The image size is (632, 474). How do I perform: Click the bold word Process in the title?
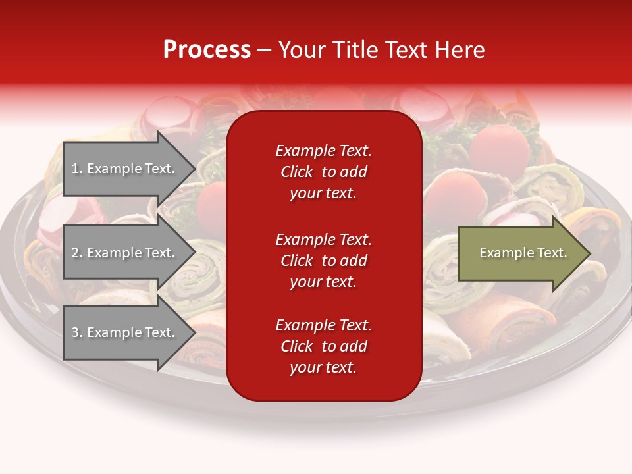207,50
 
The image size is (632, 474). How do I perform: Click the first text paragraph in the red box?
323,172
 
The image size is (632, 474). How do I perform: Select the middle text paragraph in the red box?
323,261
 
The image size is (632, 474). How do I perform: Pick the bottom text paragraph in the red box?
323,346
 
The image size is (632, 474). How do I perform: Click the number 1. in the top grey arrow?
77,169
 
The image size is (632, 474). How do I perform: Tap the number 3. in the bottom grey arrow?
77,332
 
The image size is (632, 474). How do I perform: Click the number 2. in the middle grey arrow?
77,253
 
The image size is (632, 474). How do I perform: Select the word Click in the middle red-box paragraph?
297,261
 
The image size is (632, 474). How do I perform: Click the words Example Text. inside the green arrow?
523,253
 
